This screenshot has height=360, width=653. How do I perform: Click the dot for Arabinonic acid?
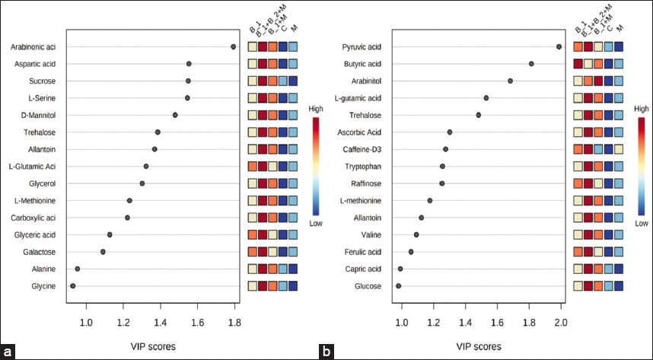click(233, 46)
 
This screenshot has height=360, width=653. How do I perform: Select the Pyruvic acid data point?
click(559, 46)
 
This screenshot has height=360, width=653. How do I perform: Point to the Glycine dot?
click(73, 286)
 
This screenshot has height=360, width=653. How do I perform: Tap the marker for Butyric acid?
click(531, 64)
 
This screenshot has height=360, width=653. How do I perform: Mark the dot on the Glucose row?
click(398, 286)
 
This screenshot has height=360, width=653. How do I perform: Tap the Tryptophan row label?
click(363, 166)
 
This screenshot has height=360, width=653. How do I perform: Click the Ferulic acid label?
click(362, 252)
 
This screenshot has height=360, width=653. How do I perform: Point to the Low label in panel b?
click(640, 223)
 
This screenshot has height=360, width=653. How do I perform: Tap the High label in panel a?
click(316, 109)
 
